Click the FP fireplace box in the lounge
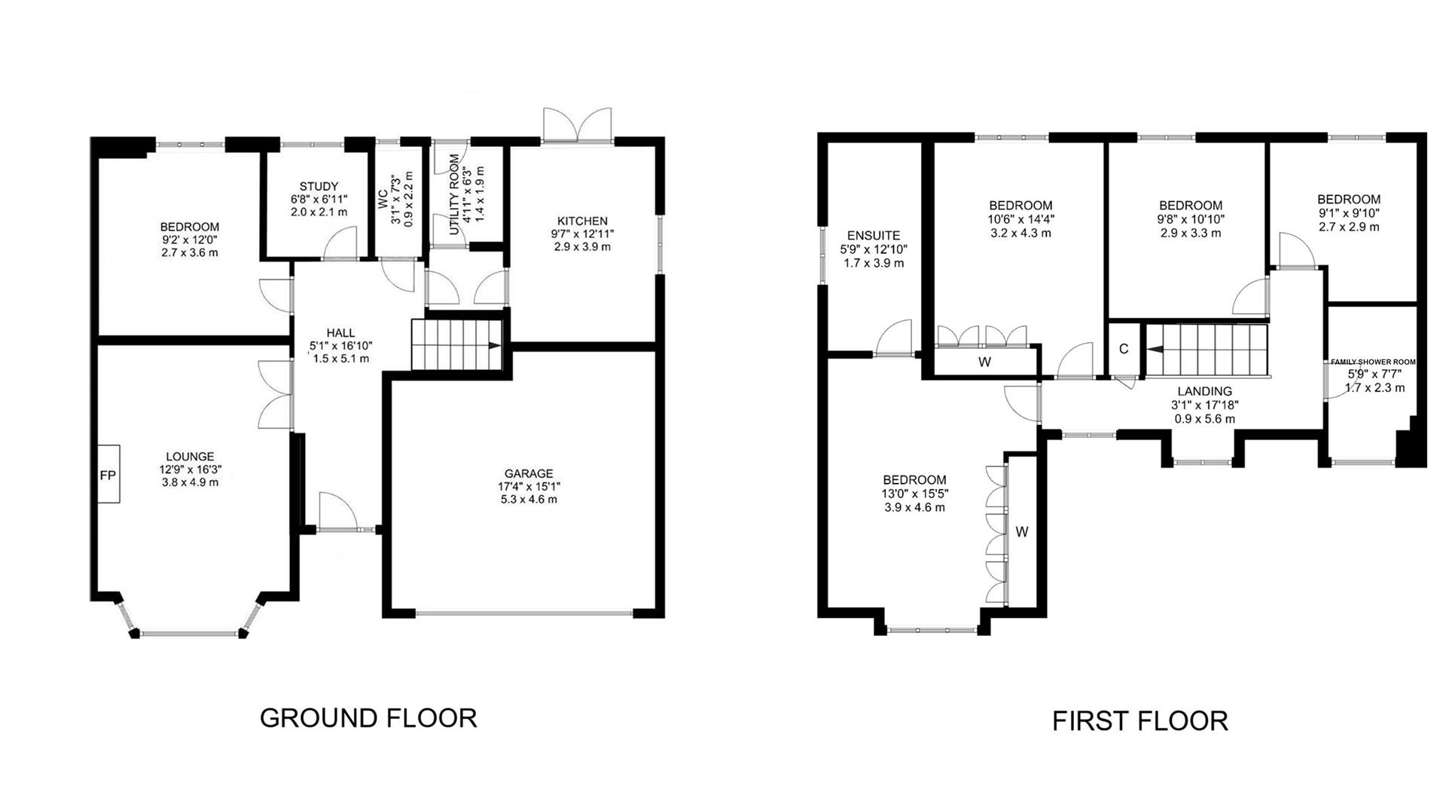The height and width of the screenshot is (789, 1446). tap(108, 475)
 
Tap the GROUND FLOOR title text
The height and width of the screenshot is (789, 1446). tap(368, 717)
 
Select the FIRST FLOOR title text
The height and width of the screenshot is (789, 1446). tap(1139, 721)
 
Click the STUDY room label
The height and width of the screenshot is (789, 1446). tap(319, 186)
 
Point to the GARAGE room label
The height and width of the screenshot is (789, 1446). tap(529, 473)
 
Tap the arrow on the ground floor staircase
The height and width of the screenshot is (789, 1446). tap(494, 346)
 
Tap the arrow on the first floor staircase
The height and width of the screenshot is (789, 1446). tap(1155, 349)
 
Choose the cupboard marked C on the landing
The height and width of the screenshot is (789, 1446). tap(1124, 349)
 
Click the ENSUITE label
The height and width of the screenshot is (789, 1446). tap(874, 236)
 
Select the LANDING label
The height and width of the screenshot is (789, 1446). tap(1205, 391)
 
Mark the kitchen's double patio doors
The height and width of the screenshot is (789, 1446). tap(578, 124)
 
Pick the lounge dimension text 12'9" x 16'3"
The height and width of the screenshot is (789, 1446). tap(190, 469)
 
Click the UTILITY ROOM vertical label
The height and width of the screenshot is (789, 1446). tap(454, 194)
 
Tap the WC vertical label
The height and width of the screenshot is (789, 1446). tap(383, 200)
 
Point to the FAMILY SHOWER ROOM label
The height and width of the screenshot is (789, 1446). tap(1373, 362)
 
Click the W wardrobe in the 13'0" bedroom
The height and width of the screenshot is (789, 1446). tap(1021, 532)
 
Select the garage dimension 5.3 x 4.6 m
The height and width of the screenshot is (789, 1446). tap(529, 499)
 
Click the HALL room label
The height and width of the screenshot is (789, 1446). tap(340, 332)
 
